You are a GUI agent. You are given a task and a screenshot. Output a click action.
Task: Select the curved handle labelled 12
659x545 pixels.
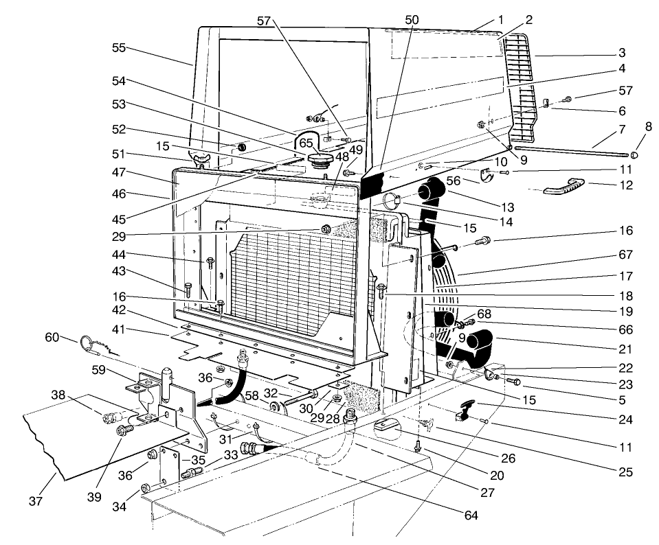(566, 187)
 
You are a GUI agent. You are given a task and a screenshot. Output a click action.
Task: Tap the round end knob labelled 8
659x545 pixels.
(636, 155)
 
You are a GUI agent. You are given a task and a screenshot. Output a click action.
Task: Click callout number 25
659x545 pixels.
(625, 472)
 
